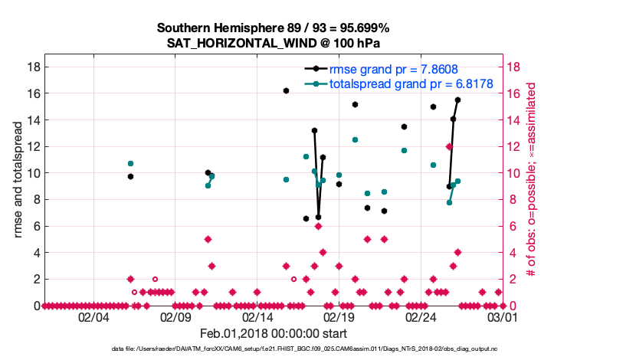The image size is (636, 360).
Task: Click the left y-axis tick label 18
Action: click(x=33, y=67)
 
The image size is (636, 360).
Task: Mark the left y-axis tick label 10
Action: click(x=33, y=173)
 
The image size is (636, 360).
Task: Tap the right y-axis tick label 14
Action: click(x=515, y=120)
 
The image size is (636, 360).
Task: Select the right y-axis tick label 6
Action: click(x=512, y=226)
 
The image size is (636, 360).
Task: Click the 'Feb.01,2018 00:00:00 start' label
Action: click(x=274, y=333)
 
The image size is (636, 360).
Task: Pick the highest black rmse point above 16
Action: click(x=286, y=90)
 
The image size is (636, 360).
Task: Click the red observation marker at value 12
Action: click(x=449, y=146)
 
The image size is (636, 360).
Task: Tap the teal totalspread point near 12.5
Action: click(x=355, y=139)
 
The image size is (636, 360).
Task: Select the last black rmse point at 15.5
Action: click(x=457, y=100)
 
